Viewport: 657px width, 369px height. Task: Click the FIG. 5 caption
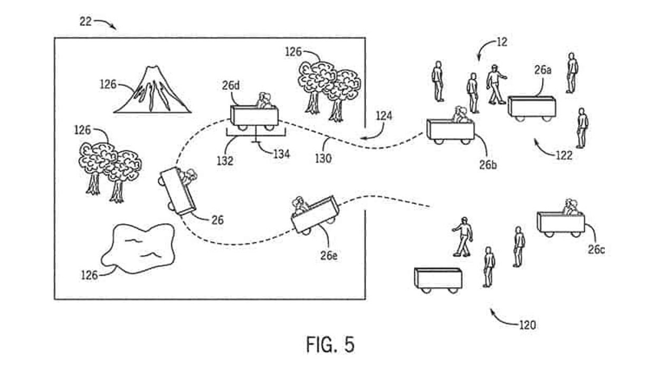tap(330, 344)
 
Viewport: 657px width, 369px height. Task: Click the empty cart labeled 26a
tap(532, 108)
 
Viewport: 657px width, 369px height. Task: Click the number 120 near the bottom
tap(527, 325)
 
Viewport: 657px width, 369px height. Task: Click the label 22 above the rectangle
tap(85, 22)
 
